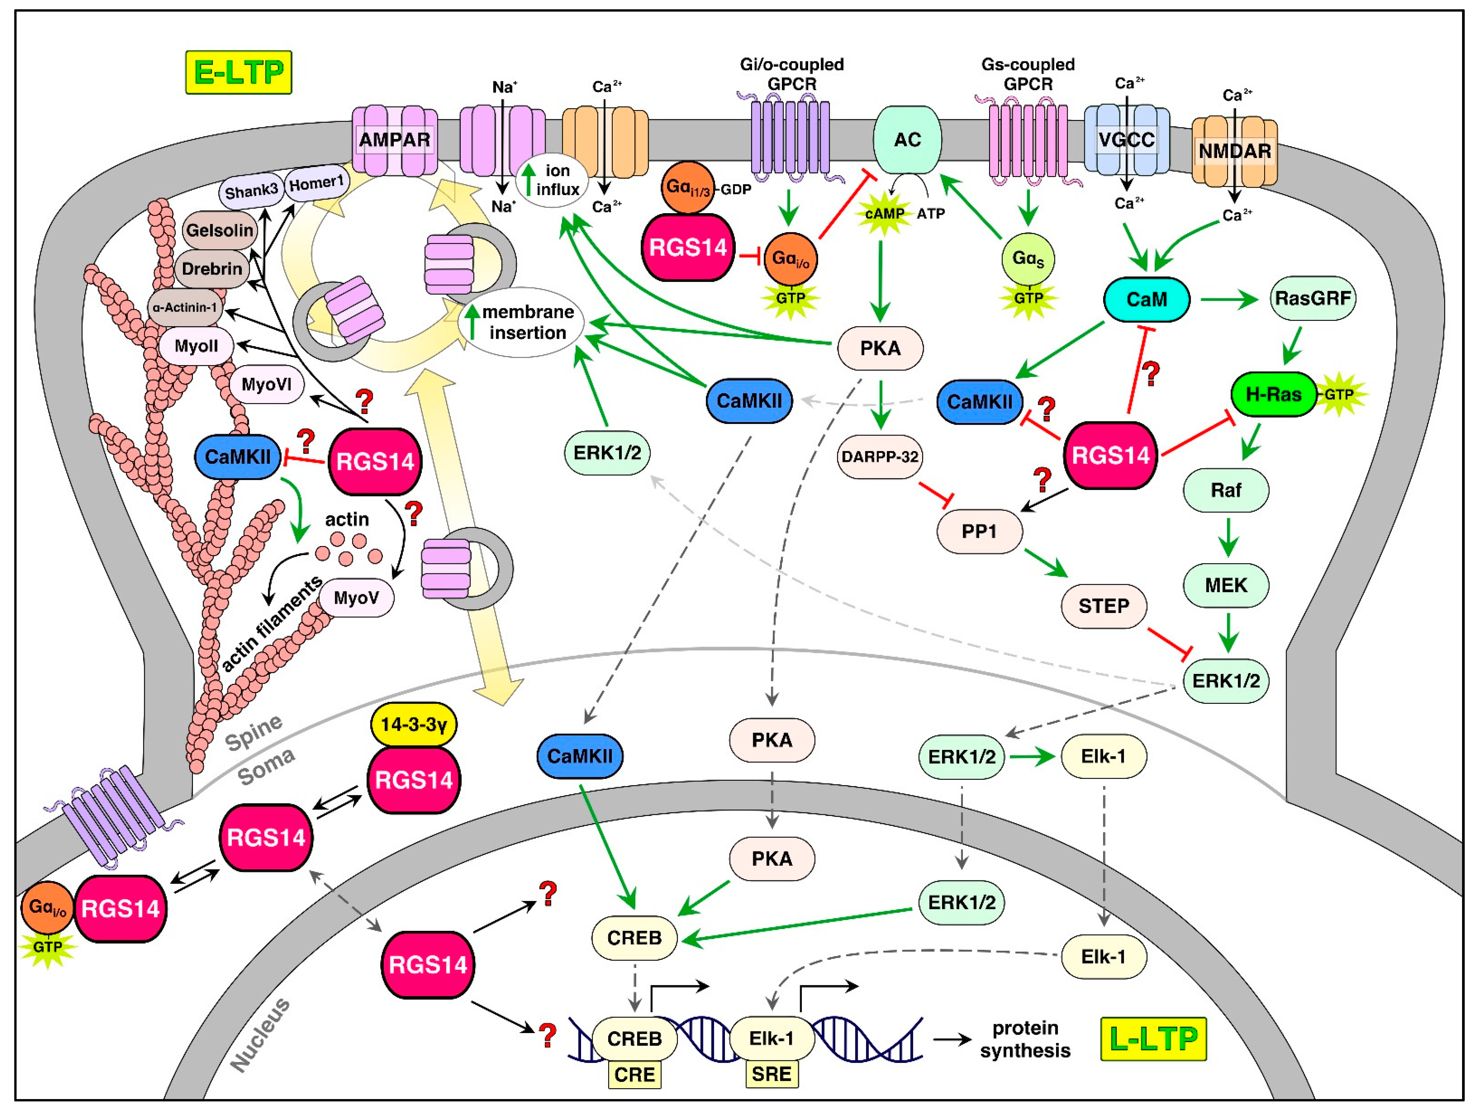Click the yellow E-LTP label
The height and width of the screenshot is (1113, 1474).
coord(239,72)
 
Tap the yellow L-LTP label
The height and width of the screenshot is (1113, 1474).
coord(1153,1038)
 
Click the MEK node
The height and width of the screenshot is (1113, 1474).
coord(1226,585)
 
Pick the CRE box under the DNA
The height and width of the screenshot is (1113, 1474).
coord(634,1074)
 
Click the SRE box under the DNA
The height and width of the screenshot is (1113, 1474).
coord(772,1074)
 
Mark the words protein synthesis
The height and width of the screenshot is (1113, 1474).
coord(1025,1040)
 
